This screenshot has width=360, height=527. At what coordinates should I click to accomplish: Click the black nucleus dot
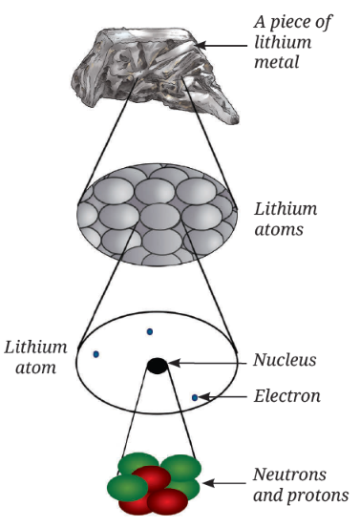coord(158,366)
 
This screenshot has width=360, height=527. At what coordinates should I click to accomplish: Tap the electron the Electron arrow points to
coord(195,397)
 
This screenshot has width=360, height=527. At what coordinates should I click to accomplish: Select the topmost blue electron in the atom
coord(150,331)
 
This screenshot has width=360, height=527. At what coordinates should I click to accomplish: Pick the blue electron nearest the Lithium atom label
coord(96,354)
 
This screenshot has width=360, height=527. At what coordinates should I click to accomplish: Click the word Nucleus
coord(285,360)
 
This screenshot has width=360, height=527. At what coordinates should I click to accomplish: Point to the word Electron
coord(286,396)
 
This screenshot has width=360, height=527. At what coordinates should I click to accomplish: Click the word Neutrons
coord(289,474)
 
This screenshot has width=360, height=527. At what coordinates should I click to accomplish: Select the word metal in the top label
coord(277,62)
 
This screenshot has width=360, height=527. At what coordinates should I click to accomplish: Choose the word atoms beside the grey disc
coord(279,230)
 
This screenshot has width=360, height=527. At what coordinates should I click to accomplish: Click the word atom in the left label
coord(35,368)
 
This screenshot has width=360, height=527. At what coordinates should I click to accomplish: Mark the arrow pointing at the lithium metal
coord(222,45)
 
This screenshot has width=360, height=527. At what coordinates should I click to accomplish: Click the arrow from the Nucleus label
coord(208,363)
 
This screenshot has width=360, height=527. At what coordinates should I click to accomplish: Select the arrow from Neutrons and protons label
coord(223,483)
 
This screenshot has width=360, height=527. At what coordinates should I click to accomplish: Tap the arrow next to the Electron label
coord(222,397)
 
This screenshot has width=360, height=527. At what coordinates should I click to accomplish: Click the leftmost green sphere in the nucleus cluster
coord(128,488)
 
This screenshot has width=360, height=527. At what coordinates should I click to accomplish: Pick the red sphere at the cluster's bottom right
coord(167,501)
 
